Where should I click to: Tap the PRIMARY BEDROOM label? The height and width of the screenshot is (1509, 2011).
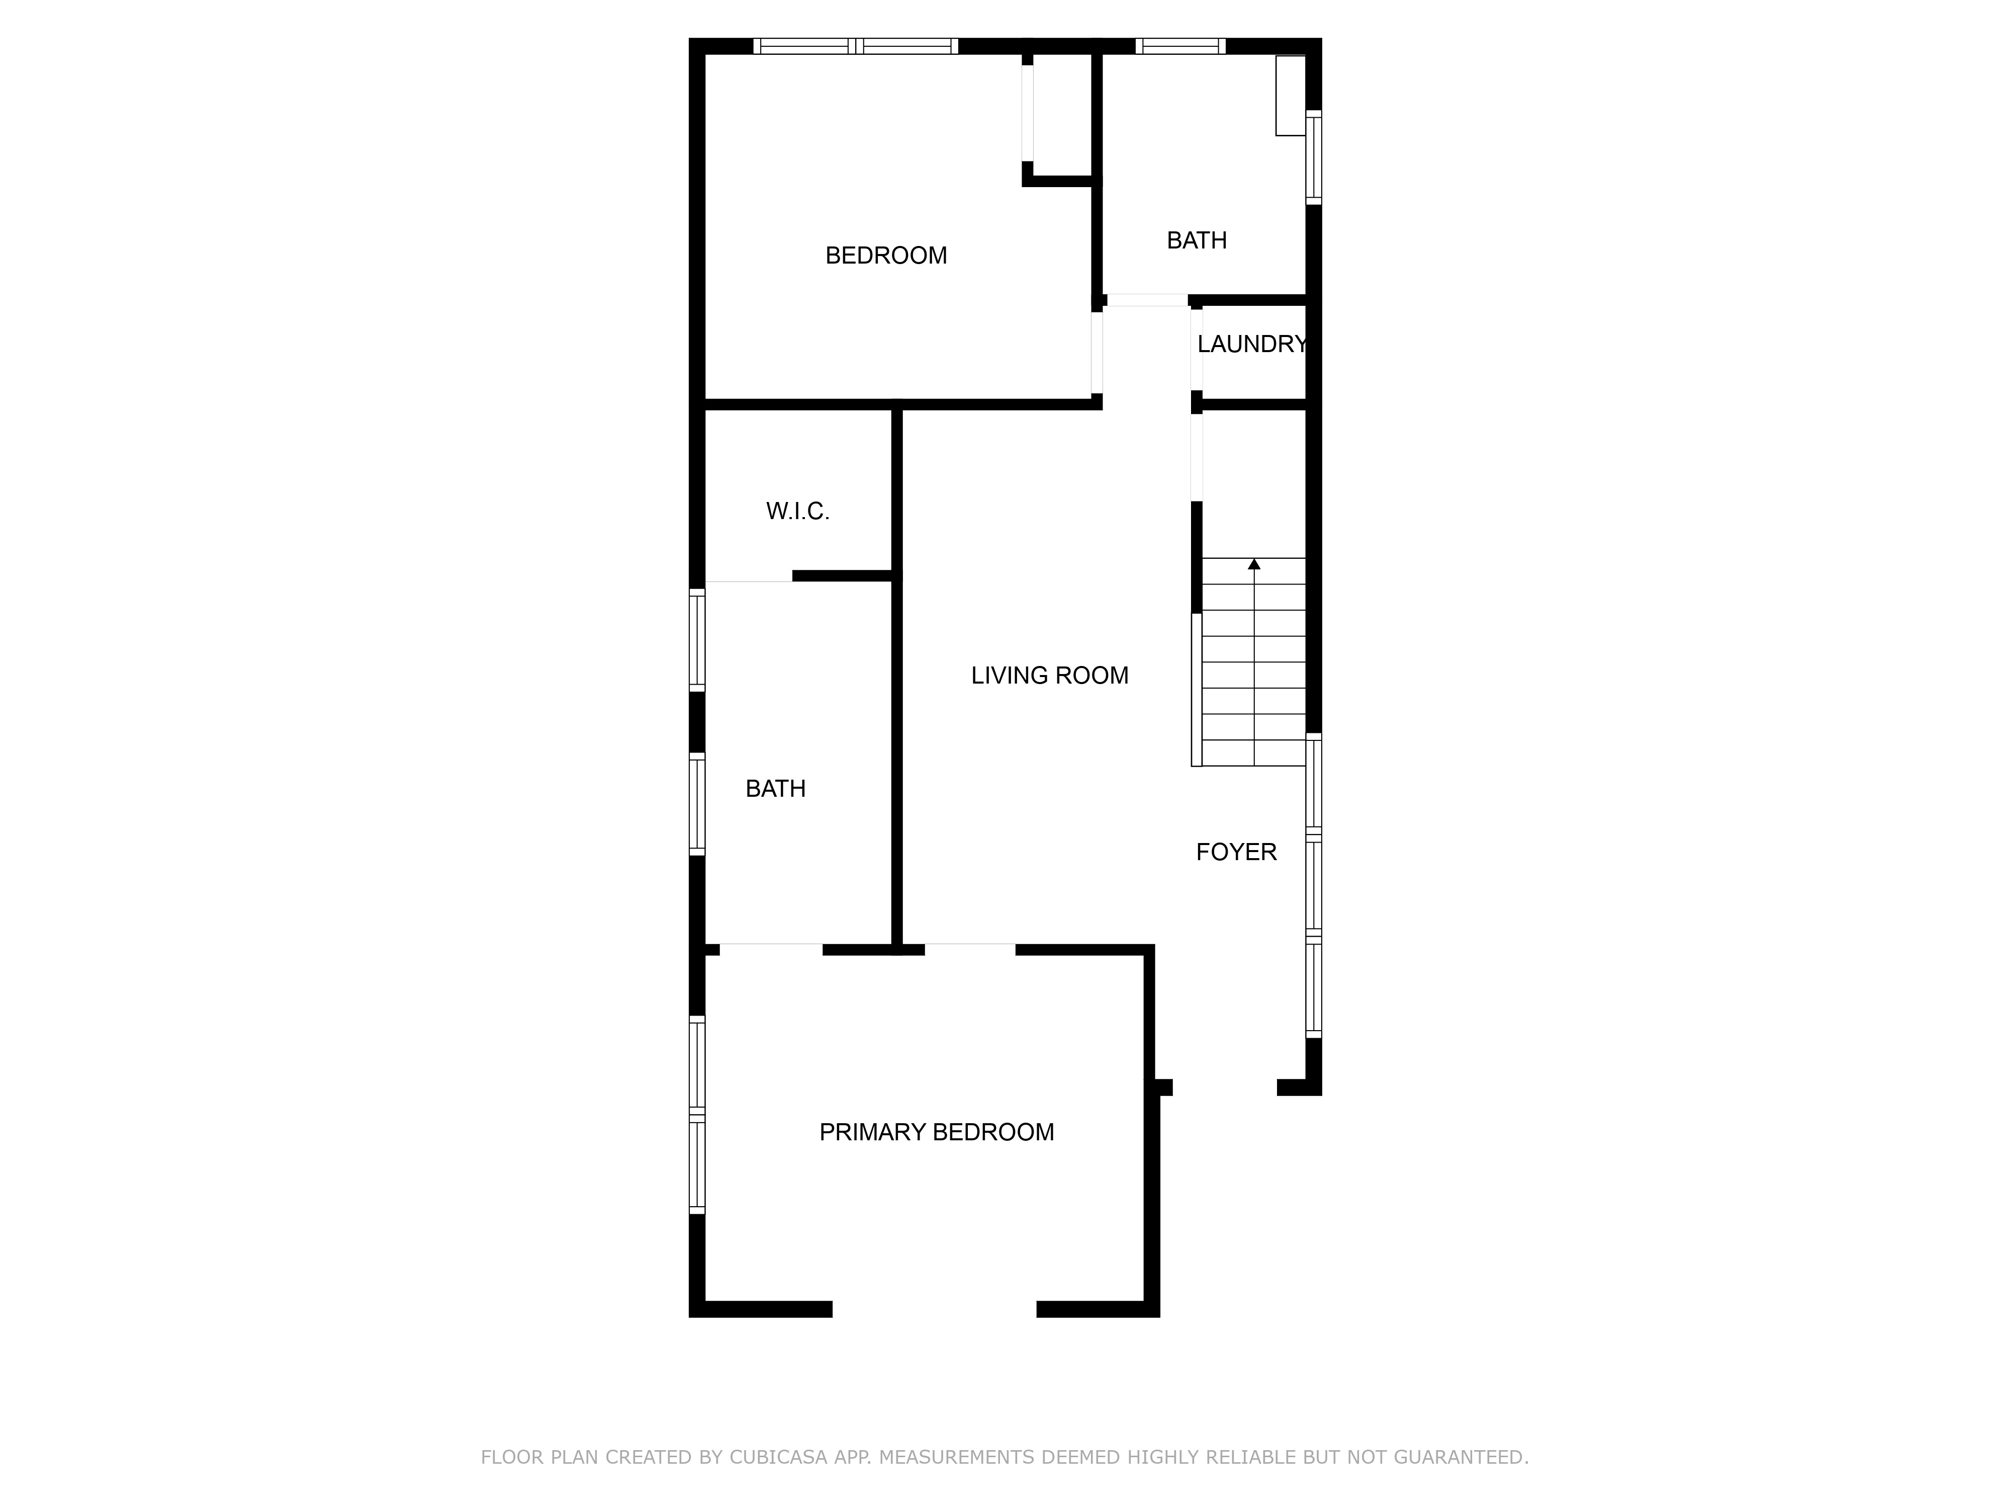tap(937, 1132)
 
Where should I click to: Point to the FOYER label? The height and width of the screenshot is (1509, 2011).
tap(1236, 852)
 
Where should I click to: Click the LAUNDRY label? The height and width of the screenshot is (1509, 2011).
tap(1252, 344)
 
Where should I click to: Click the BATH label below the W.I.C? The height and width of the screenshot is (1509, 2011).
tap(775, 789)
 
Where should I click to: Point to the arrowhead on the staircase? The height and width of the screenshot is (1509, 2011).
tap(1254, 564)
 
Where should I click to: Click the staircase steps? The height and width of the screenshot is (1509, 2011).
tap(1254, 662)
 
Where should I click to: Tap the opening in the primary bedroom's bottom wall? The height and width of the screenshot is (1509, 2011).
tap(935, 1310)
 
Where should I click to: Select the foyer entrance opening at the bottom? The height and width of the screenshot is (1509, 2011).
tap(1225, 1088)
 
